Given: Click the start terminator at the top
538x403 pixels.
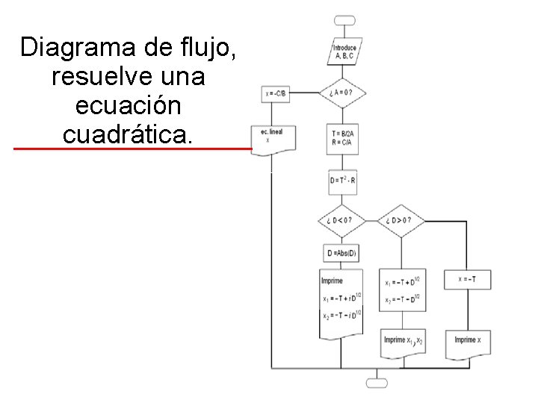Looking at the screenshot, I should coord(345,20).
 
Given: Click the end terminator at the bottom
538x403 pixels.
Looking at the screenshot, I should coord(377,383).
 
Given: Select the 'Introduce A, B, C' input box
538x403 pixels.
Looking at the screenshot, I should coord(345,51).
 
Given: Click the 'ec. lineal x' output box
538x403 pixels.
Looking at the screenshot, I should coord(274,137).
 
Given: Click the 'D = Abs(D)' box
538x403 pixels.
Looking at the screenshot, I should coord(342,254).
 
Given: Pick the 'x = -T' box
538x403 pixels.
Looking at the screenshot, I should coord(468,279).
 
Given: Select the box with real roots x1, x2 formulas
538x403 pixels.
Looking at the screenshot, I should coord(403,290).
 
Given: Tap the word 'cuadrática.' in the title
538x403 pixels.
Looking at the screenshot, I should coord(128,134).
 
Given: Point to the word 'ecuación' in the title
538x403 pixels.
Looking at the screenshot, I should coord(128,105).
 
